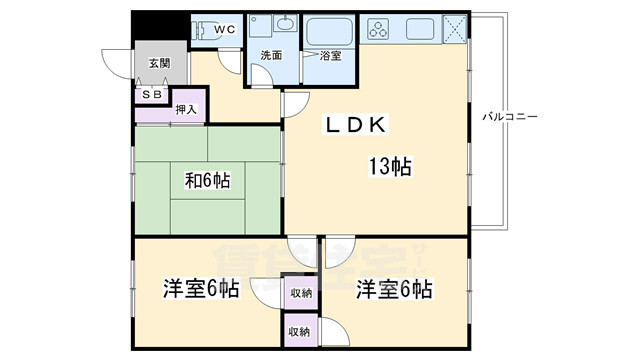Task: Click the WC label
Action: pos(225,29)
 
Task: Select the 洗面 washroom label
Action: pos(271,56)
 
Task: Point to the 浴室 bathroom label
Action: pos(330,56)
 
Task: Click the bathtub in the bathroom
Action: pos(327,31)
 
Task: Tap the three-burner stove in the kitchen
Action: pos(383,31)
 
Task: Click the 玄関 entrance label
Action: pos(160,63)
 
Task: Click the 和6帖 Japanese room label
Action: pos(207,181)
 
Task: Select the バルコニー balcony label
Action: pos(510,117)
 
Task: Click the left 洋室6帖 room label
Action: pos(200,290)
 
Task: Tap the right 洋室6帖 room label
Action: pos(394,290)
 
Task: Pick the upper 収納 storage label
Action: pos(300,293)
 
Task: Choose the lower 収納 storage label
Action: pos(300,331)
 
